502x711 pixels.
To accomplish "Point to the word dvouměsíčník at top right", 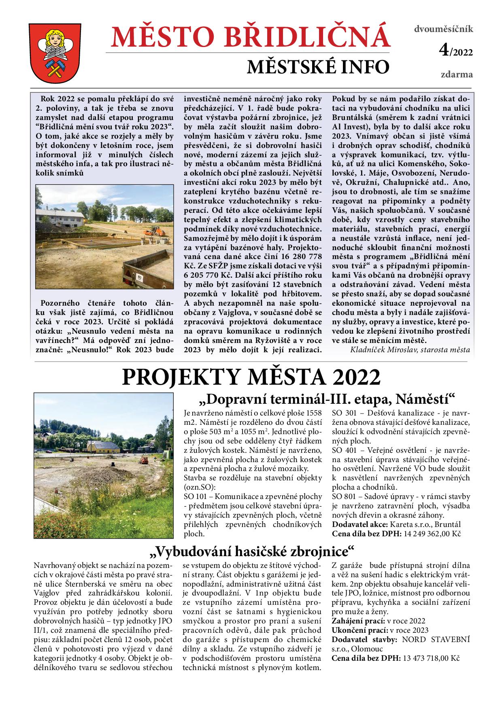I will pyautogui.click(x=443, y=29).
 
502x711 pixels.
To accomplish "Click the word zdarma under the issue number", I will pyautogui.click(x=457, y=75).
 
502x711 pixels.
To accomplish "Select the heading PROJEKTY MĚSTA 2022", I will pyautogui.click(x=251, y=377).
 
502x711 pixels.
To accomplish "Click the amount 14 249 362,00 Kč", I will pyautogui.click(x=432, y=534).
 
